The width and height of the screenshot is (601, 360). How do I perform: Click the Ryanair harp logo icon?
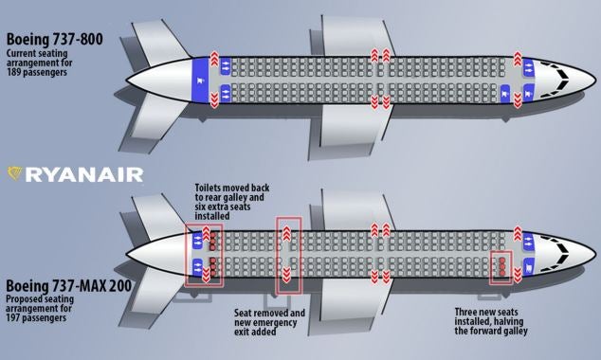pyautogui.click(x=15, y=173)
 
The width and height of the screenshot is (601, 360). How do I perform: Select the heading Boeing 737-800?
pyautogui.click(x=59, y=39)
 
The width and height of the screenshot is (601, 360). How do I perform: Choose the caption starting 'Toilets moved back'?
pyautogui.click(x=231, y=200)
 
